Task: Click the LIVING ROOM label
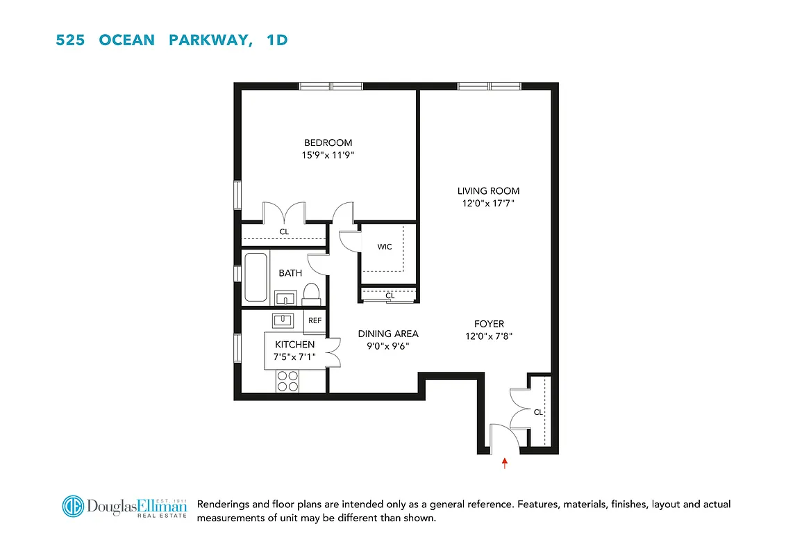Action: (488, 190)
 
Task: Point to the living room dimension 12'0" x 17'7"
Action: (488, 204)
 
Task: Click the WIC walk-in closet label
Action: (385, 247)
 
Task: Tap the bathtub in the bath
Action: (256, 277)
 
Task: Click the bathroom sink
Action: (285, 299)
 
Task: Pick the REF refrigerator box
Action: (315, 320)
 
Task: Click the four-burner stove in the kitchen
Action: (287, 381)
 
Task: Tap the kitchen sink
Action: (283, 320)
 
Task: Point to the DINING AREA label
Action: (387, 334)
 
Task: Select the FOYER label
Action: (489, 324)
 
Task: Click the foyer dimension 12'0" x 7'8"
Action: (489, 337)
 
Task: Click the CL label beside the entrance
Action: (538, 412)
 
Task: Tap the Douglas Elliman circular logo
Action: (73, 507)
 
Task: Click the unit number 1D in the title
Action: (276, 40)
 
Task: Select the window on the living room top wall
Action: (489, 86)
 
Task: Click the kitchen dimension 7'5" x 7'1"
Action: (295, 357)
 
